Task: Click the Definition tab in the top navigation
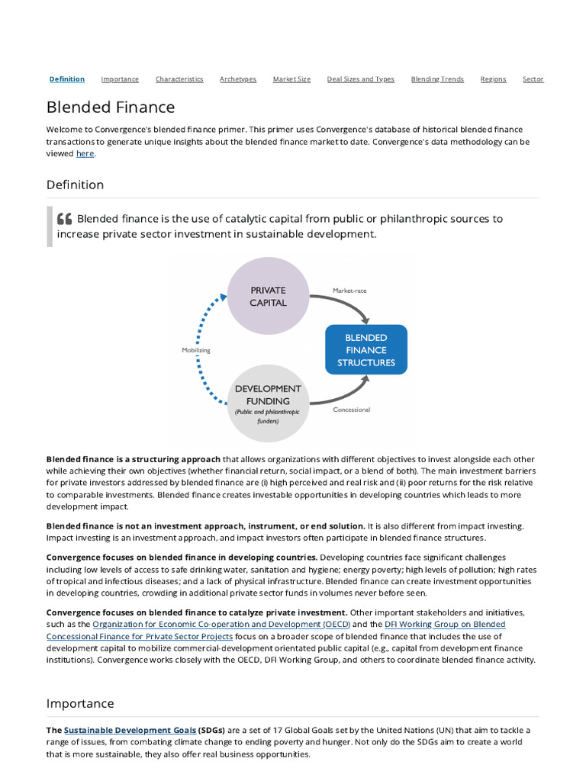tap(67, 79)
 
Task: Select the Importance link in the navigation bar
tap(120, 79)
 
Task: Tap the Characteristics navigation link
tap(179, 79)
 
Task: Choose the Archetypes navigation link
tap(238, 79)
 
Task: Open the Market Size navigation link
tap(291, 79)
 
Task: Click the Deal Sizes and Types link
tap(361, 79)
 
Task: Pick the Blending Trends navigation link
tap(437, 79)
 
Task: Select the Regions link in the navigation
tap(493, 79)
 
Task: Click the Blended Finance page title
tap(111, 108)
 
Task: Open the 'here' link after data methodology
tap(85, 153)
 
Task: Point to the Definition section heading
tap(75, 185)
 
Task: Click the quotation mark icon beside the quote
tap(65, 220)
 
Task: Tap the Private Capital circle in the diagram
tap(268, 296)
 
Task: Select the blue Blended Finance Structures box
tap(366, 349)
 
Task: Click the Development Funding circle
tap(268, 403)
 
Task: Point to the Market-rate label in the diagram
tap(350, 290)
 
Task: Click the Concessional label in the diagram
tap(351, 410)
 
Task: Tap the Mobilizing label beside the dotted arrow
tap(195, 350)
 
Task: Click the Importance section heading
tap(80, 703)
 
